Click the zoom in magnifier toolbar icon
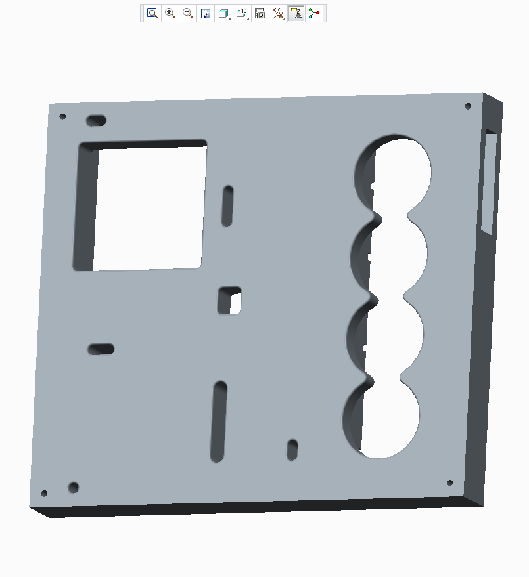pyautogui.click(x=170, y=13)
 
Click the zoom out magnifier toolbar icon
pyautogui.click(x=188, y=13)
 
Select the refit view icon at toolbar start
pyautogui.click(x=152, y=13)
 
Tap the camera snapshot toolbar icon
pyautogui.click(x=260, y=13)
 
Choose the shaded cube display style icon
pyautogui.click(x=223, y=13)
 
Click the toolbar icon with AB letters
pyautogui.click(x=242, y=13)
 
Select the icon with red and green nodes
pyautogui.click(x=315, y=13)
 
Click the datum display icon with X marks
pyautogui.click(x=279, y=13)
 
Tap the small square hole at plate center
pyautogui.click(x=230, y=300)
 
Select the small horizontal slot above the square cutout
pyautogui.click(x=96, y=120)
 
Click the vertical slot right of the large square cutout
pyautogui.click(x=227, y=206)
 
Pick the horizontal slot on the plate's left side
pyautogui.click(x=101, y=349)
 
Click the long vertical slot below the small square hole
pyautogui.click(x=218, y=421)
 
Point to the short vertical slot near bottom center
pyautogui.click(x=292, y=450)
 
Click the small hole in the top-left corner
pyautogui.click(x=63, y=117)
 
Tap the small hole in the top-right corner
pyautogui.click(x=468, y=106)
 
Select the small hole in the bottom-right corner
pyautogui.click(x=449, y=483)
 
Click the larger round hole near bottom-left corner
pyautogui.click(x=74, y=487)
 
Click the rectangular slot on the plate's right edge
pyautogui.click(x=489, y=182)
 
